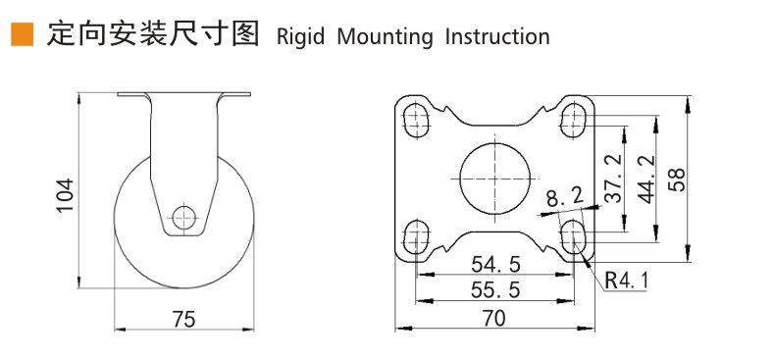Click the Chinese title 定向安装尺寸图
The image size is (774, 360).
(153, 35)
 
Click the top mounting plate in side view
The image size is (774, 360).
(183, 95)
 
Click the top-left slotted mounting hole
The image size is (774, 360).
(417, 122)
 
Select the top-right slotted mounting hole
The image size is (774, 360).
(573, 122)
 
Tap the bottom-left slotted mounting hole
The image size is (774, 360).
(417, 234)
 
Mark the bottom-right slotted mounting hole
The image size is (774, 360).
(573, 234)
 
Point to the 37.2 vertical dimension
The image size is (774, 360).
(612, 178)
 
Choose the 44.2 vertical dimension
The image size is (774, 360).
(645, 178)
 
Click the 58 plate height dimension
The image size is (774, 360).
(677, 178)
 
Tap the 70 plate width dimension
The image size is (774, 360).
(494, 318)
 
